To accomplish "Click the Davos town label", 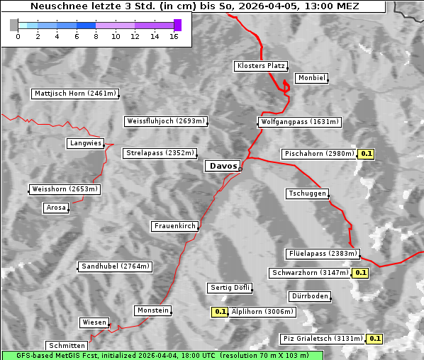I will (223, 166).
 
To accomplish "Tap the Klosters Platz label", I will (260, 66).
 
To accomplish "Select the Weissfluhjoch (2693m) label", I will (166, 121).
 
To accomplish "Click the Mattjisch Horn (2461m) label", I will (74, 94).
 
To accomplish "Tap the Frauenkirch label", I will (174, 226).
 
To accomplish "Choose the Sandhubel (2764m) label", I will (115, 266).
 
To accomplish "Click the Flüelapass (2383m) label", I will (323, 254).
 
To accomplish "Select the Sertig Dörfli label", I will (230, 288).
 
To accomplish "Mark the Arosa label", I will (55, 208).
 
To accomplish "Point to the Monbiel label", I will (311, 78).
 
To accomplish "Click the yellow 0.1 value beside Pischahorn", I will (367, 154).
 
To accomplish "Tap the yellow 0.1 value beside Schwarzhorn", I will (361, 273).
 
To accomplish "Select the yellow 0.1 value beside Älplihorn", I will (220, 311).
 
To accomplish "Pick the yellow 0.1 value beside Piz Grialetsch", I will (374, 339).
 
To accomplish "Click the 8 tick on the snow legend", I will (95, 35).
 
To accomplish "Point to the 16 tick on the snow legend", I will (174, 35).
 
